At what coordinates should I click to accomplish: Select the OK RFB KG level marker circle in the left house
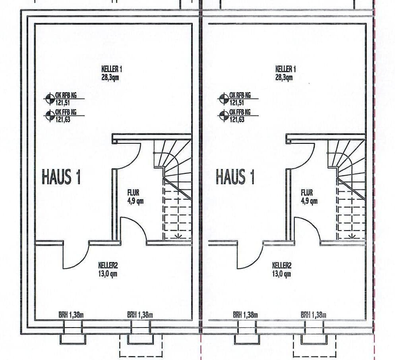coord(50,98)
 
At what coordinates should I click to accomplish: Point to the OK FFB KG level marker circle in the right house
coord(223,116)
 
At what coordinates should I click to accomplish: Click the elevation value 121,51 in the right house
coord(236,102)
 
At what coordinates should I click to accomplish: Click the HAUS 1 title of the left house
coord(61,177)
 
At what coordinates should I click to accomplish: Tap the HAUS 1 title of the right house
coord(235,177)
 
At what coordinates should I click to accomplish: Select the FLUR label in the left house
coord(134,193)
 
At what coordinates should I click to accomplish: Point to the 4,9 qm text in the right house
coord(309,201)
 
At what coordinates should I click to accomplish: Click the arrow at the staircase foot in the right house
coord(352,236)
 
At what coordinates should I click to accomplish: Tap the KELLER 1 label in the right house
coord(285,69)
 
